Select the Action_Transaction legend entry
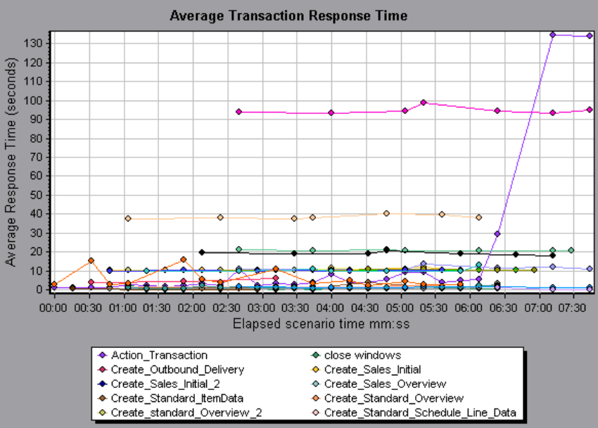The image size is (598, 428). pyautogui.click(x=160, y=356)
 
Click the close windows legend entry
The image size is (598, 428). pyautogui.click(x=362, y=356)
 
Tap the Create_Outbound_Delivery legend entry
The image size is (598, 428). pyautogui.click(x=177, y=370)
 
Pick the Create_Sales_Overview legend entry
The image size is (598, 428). pyautogui.click(x=385, y=384)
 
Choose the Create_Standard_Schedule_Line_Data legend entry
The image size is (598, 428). pyautogui.click(x=420, y=413)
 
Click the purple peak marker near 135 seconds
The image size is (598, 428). pyautogui.click(x=552, y=34)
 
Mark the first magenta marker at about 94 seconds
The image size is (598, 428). pyautogui.click(x=238, y=112)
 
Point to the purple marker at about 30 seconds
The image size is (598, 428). pyautogui.click(x=497, y=233)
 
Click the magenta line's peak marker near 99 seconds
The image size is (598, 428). pyautogui.click(x=424, y=103)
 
